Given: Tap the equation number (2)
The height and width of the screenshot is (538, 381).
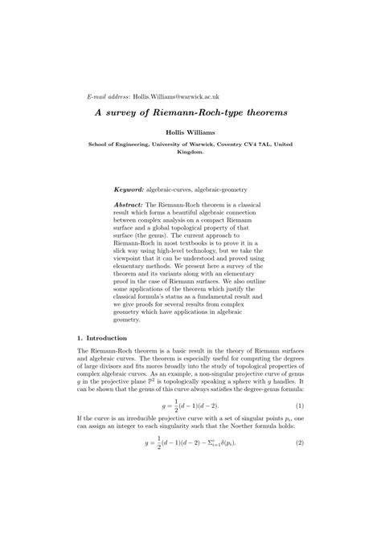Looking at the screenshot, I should point(299,511).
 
